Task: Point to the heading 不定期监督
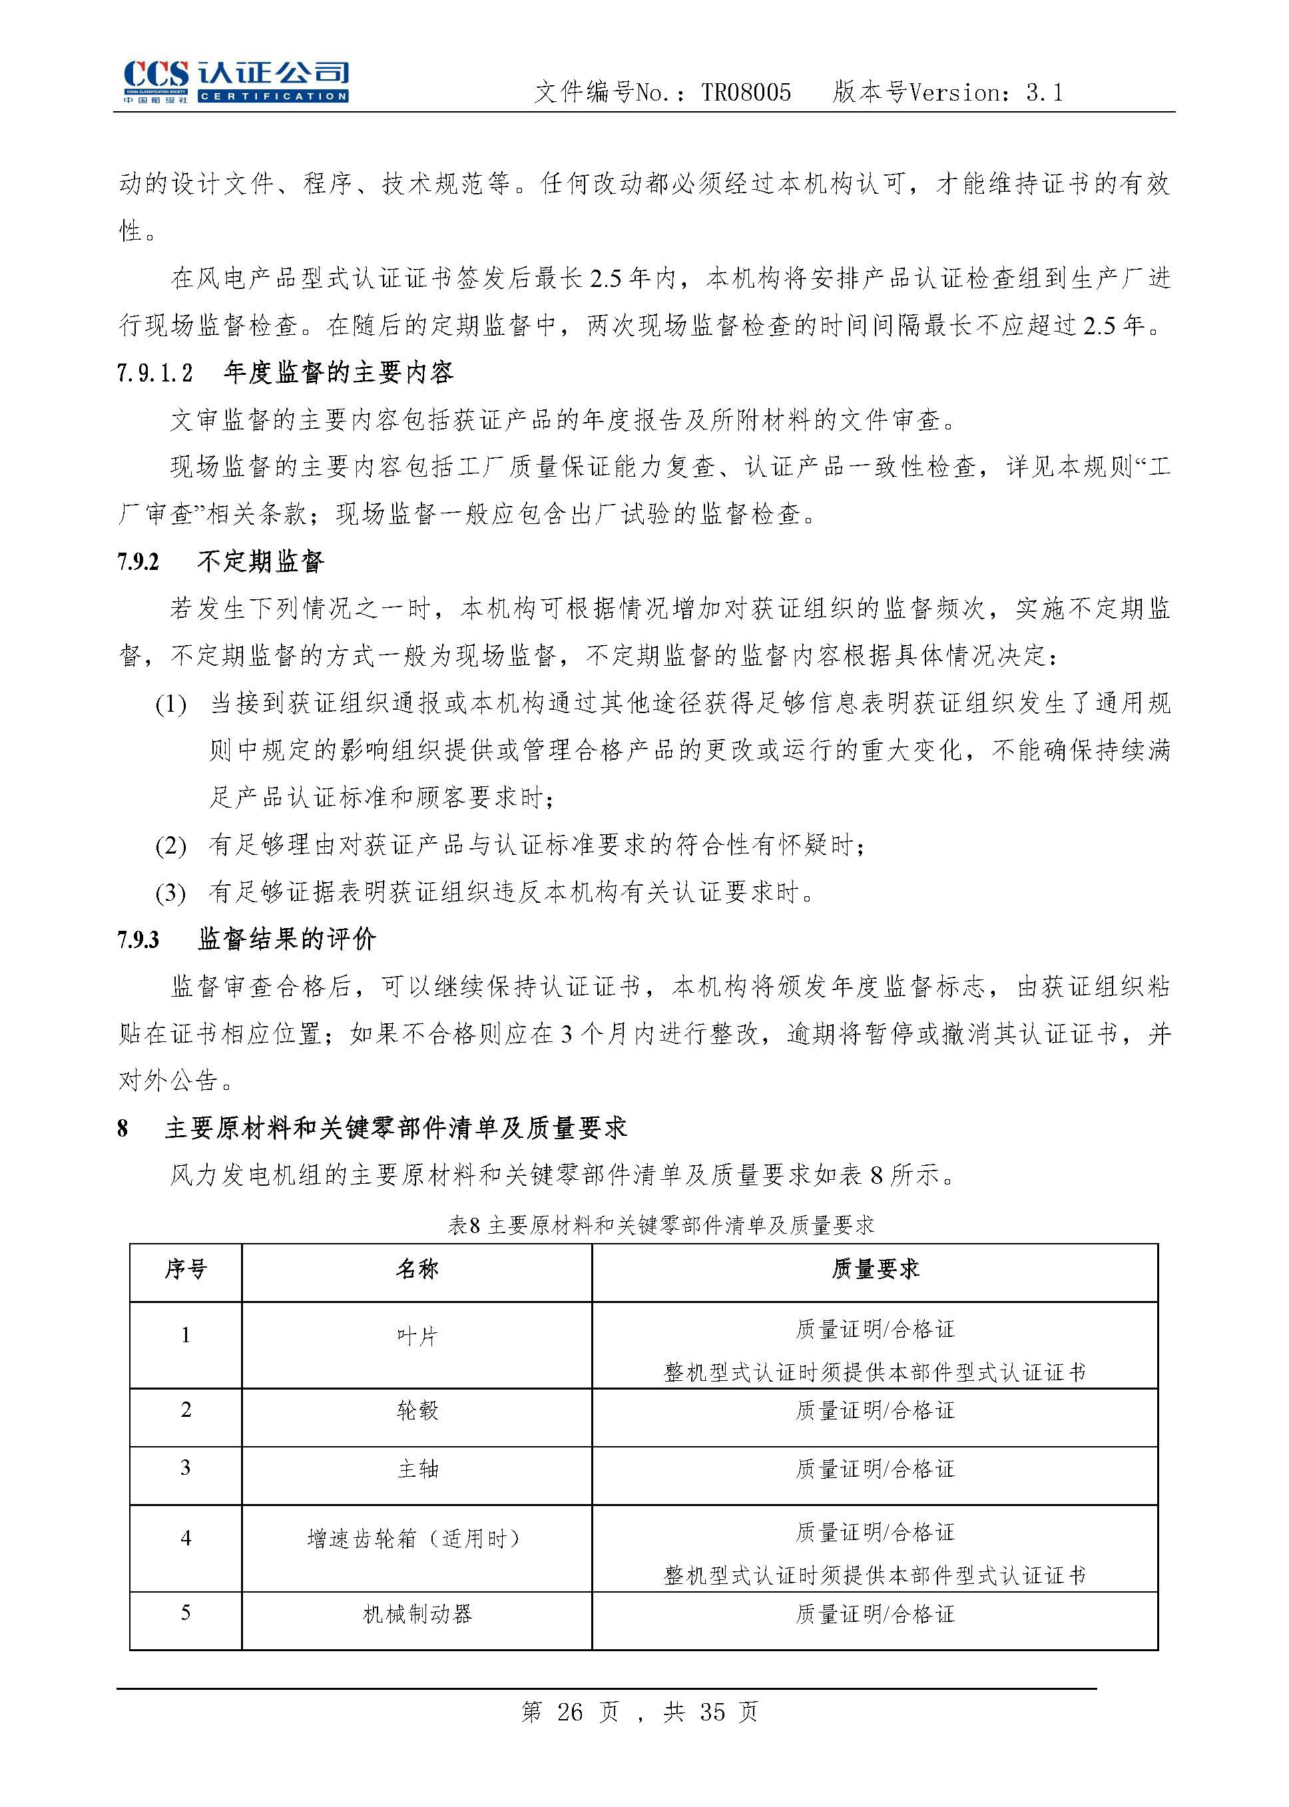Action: pyautogui.click(x=260, y=562)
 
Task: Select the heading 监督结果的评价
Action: pyautogui.click(x=286, y=939)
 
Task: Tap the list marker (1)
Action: pyautogui.click(x=170, y=704)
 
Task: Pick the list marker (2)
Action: pyautogui.click(x=170, y=846)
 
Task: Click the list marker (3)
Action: pyautogui.click(x=170, y=894)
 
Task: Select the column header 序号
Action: pyautogui.click(x=186, y=1270)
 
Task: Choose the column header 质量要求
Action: pyautogui.click(x=875, y=1270)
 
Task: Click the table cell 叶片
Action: pyautogui.click(x=417, y=1337)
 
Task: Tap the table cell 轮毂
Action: pyautogui.click(x=417, y=1411)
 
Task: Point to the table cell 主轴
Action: pyautogui.click(x=417, y=1469)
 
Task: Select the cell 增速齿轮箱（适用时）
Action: pyautogui.click(x=417, y=1539)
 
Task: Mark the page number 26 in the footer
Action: pyautogui.click(x=570, y=1712)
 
